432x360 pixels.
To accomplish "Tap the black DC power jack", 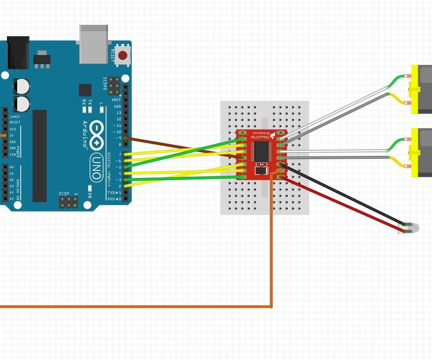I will [18, 52].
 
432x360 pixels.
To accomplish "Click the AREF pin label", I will [117, 100].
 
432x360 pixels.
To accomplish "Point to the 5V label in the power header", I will [12, 135].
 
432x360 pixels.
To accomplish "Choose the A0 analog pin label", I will [12, 167].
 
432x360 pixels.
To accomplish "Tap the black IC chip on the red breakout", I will [261, 151].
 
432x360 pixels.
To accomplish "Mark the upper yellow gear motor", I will [421, 89].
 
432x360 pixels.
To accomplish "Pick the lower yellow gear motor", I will [421, 153].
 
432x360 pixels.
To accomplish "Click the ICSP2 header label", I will [105, 84].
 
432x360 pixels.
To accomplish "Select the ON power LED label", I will [90, 194].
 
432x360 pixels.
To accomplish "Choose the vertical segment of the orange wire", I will [272, 245].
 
